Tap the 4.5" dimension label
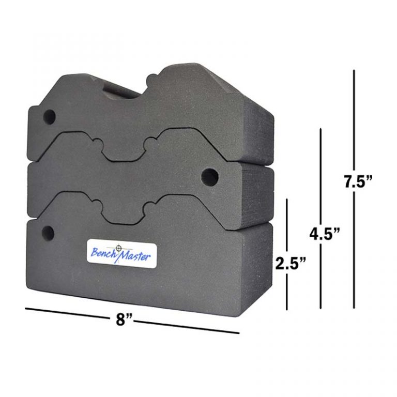coord(325,233)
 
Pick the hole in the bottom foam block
coord(49,233)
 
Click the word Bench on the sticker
coord(103,253)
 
